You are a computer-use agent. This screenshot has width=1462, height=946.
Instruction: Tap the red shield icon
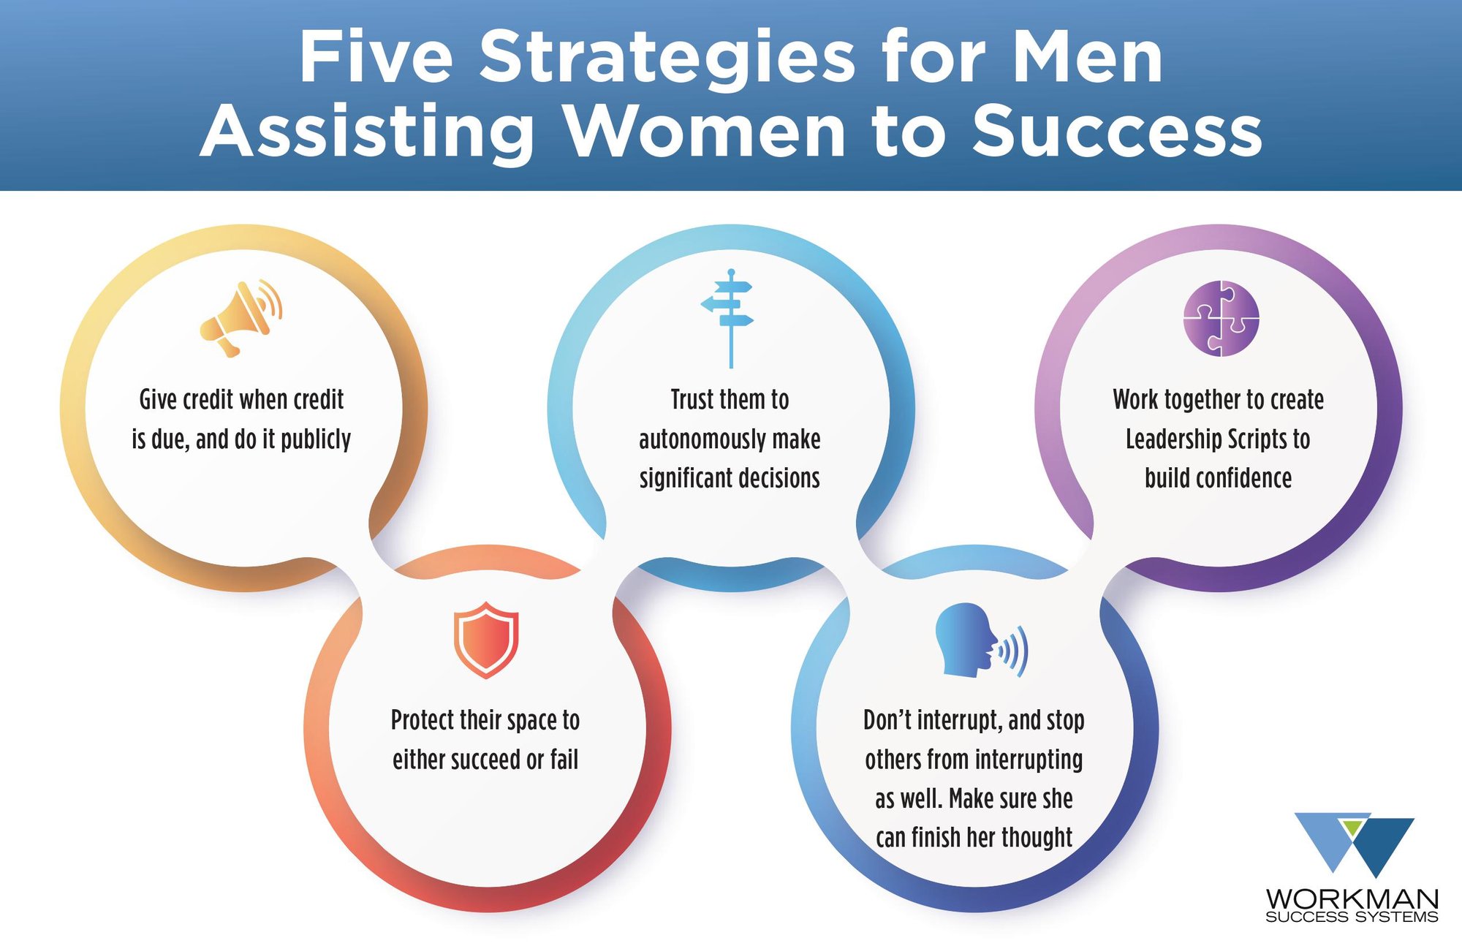[x=486, y=640]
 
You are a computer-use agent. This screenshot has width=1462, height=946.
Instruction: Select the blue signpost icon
[x=729, y=318]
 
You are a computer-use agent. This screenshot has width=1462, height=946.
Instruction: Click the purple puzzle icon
[x=1221, y=318]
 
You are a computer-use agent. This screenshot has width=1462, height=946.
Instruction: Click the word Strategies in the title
[x=667, y=58]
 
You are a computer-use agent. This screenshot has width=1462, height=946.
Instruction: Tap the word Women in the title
[x=705, y=132]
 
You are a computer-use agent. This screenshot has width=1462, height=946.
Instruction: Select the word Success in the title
[x=1117, y=132]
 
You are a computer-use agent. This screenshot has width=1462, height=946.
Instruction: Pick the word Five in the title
[x=376, y=58]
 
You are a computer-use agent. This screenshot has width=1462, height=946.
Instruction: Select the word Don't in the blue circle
[x=887, y=721]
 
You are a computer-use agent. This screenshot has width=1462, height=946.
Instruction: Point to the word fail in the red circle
[x=564, y=760]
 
